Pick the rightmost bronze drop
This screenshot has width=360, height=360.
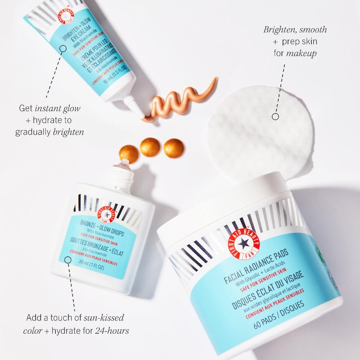coord(172,147)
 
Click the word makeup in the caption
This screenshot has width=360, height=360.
coord(304,53)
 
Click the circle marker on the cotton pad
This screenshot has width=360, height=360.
coord(275,117)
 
